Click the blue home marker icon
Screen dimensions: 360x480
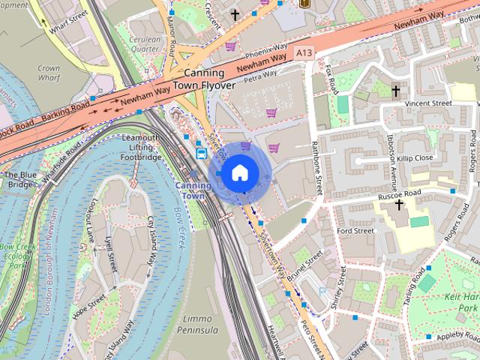(x=238, y=173)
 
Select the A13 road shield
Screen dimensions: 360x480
(x=304, y=52)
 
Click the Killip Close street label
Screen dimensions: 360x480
(x=414, y=158)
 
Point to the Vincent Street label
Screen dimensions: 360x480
(x=427, y=103)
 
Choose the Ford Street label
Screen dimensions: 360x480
(x=355, y=231)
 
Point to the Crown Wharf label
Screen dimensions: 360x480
(x=48, y=72)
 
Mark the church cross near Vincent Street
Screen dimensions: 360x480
(x=395, y=91)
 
